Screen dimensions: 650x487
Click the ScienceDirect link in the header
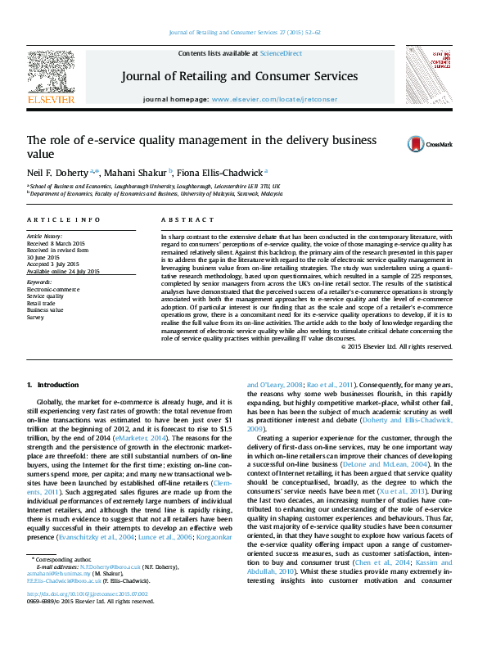[x=280, y=53]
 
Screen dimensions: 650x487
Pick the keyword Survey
[x=37, y=316]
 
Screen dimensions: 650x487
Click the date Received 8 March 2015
[x=58, y=243]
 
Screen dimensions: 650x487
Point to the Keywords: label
[x=39, y=282]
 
